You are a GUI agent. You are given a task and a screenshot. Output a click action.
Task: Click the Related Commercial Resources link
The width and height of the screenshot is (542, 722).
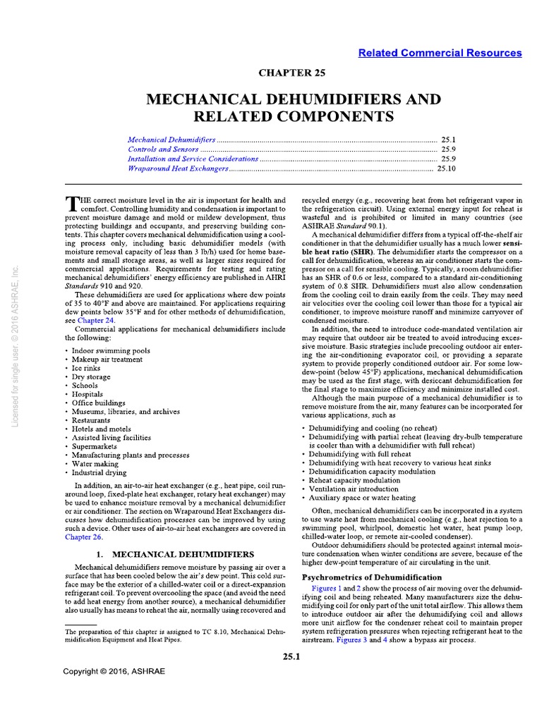coord(440,53)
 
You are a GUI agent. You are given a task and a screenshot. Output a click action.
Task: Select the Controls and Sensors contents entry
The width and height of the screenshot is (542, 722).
coord(163,150)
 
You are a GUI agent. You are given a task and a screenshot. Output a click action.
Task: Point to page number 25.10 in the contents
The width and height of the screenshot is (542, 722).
coord(447,169)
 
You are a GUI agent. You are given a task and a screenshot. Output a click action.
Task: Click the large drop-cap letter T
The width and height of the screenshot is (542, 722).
coord(70,204)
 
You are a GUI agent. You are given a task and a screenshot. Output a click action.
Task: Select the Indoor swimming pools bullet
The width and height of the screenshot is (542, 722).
coord(104,350)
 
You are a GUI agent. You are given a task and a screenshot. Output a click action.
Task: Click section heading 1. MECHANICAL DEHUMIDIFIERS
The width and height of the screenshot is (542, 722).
coord(175,555)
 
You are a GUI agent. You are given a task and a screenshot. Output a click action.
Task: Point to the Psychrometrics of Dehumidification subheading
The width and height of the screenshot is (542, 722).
coord(372,577)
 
